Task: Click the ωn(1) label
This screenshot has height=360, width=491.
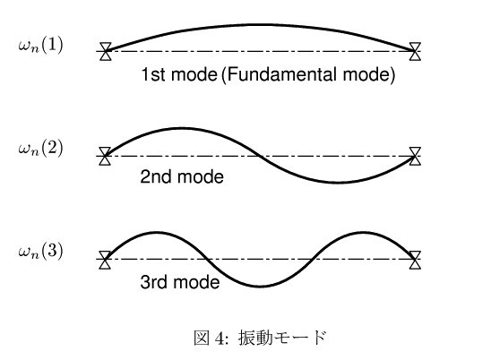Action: [x=40, y=46]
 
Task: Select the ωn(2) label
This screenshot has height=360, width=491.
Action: [x=40, y=148]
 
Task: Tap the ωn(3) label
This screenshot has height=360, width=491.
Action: [x=40, y=251]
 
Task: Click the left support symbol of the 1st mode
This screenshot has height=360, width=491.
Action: [x=106, y=51]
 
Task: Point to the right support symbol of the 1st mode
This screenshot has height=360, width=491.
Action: [x=415, y=51]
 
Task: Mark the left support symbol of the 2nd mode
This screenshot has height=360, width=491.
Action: [x=105, y=156]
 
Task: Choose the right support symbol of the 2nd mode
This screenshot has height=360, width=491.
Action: [x=415, y=156]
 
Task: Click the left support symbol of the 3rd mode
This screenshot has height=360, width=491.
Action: [x=105, y=260]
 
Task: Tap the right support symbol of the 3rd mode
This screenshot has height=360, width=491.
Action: [x=415, y=260]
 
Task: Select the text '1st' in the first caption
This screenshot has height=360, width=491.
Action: [x=153, y=74]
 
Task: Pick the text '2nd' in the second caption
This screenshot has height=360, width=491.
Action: [x=156, y=177]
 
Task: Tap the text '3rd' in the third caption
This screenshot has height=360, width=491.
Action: [x=154, y=282]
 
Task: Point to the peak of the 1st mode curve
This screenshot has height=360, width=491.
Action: [x=261, y=24]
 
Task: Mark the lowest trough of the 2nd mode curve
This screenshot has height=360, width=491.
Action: [x=338, y=182]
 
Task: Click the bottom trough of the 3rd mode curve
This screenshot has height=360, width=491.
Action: [x=260, y=287]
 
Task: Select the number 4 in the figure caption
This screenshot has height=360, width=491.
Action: [x=220, y=339]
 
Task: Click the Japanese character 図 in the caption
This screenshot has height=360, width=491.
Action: [x=202, y=339]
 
